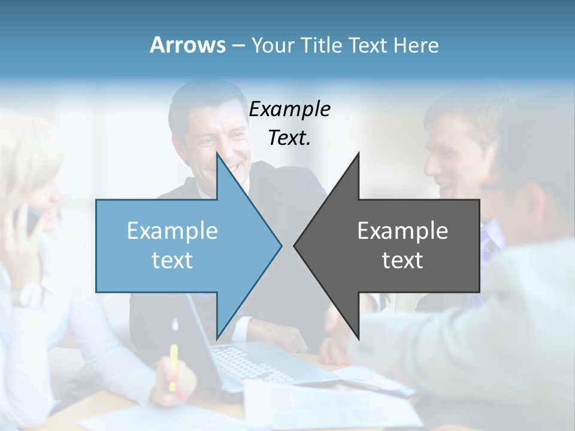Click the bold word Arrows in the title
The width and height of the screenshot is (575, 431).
coord(187,45)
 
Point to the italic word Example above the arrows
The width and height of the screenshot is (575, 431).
coord(289,109)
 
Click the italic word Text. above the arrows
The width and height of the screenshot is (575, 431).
coord(289,138)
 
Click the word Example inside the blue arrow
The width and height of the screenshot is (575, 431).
coord(172,230)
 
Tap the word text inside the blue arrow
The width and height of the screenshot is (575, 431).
coord(172,260)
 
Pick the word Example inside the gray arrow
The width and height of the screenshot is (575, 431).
coord(402,230)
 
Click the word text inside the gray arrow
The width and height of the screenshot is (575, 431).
coord(402,260)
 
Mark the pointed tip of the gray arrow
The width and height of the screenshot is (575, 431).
coord(295,245)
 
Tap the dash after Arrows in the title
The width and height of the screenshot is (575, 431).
coord(237,45)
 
